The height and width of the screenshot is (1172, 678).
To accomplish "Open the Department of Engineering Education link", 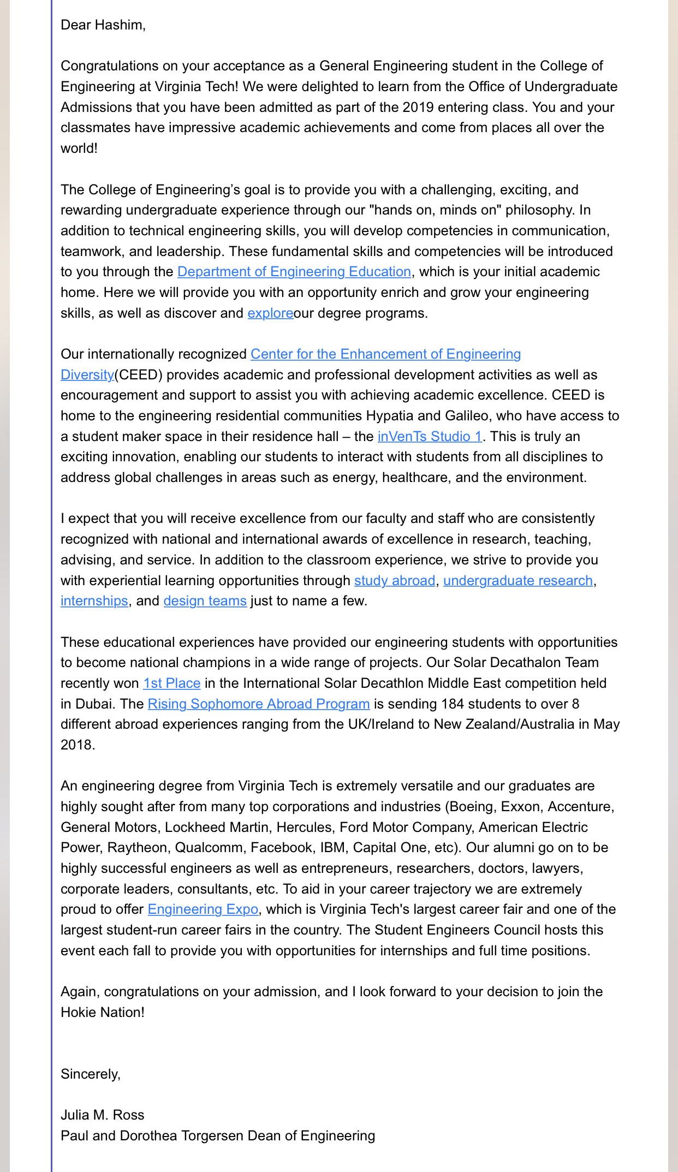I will (x=294, y=272).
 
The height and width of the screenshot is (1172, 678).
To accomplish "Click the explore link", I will (x=270, y=313).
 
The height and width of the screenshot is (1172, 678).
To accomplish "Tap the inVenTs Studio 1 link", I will (x=430, y=437).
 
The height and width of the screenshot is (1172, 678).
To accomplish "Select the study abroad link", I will (x=394, y=581).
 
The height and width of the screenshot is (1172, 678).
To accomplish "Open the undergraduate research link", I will (x=518, y=581).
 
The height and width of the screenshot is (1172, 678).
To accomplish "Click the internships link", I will (x=94, y=601).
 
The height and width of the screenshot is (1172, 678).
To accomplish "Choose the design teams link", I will (x=205, y=601).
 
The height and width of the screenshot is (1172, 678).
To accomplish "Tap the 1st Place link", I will (x=171, y=683).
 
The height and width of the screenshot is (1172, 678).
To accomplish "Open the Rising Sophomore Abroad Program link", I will (x=258, y=704).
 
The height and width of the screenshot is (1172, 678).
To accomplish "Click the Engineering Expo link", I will (x=203, y=909).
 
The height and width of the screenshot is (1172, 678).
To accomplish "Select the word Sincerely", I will (x=90, y=1074).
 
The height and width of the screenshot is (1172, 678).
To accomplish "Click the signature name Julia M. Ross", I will (x=103, y=1115).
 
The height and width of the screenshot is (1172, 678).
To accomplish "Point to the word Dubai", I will (x=86, y=704).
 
